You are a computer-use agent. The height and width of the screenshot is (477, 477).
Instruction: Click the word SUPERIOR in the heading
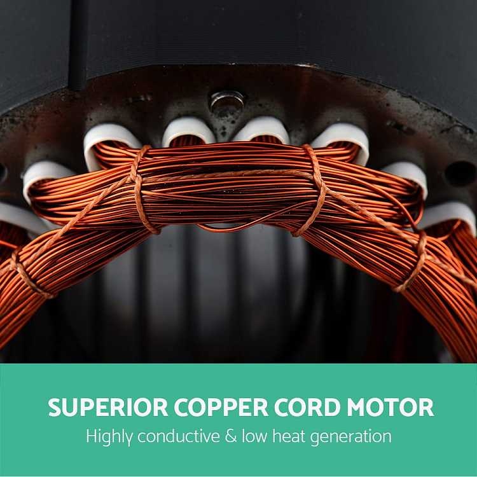[108, 407]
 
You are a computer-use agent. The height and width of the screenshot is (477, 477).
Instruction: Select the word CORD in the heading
[307, 407]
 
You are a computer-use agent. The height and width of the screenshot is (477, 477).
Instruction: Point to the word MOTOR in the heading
[391, 407]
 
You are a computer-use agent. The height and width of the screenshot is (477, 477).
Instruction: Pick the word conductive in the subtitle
[179, 436]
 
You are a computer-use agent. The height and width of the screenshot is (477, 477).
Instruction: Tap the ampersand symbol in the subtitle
[231, 436]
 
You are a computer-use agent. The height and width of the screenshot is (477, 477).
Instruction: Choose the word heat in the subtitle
[288, 436]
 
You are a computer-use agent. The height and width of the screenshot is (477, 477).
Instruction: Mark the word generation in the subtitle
[350, 438]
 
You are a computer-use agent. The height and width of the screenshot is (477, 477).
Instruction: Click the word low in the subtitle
[254, 436]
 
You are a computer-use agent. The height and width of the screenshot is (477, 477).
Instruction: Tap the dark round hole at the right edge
[460, 174]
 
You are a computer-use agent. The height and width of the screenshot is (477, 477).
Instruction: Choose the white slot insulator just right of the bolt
[262, 128]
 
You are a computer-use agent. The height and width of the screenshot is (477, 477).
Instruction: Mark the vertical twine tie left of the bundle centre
[142, 190]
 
